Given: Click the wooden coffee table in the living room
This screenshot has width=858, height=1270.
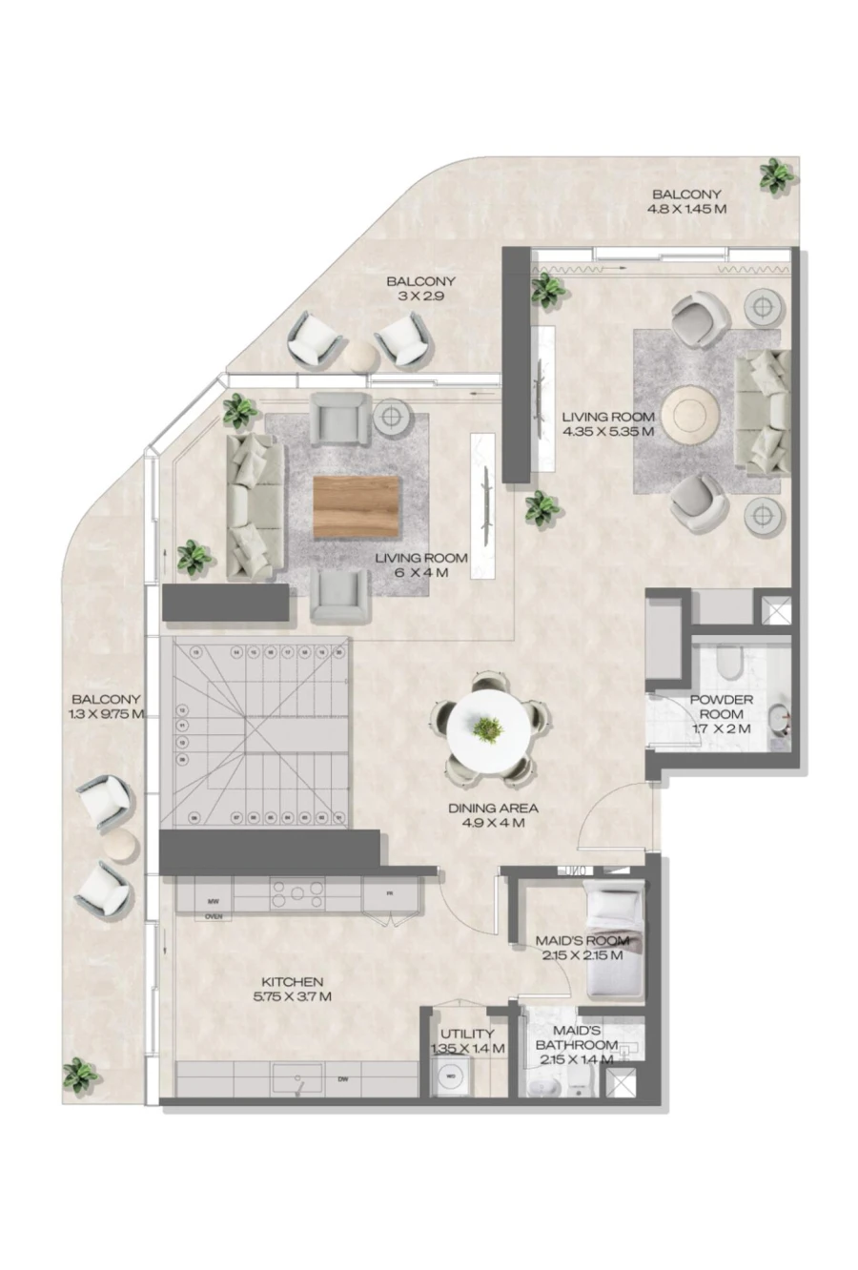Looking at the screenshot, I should tap(357, 506).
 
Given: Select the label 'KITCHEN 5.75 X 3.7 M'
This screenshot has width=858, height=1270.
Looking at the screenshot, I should tap(292, 990).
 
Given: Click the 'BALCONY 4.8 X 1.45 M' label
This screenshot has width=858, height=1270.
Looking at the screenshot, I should tap(686, 202).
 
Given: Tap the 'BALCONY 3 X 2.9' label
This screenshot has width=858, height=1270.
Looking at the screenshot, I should tap(419, 289).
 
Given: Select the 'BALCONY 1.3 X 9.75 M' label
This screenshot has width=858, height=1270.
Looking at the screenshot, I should tap(105, 707).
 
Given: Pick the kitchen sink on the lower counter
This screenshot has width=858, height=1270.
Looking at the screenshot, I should tap(298, 1079).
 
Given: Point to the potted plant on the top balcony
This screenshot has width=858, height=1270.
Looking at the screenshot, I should tap(776, 175).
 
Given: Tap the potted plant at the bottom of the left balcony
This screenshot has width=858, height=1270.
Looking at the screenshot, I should tap(80, 1076).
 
